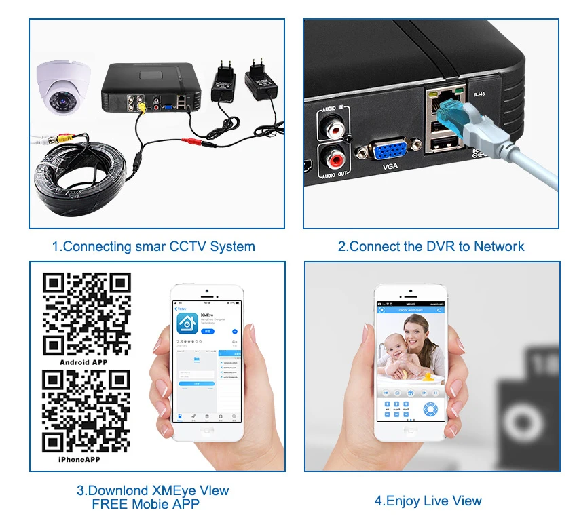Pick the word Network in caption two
pyautogui.click(x=498, y=246)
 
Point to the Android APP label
pyautogui.click(x=83, y=362)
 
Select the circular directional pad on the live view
pyautogui.click(x=430, y=410)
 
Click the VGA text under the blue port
pyautogui.click(x=390, y=166)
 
